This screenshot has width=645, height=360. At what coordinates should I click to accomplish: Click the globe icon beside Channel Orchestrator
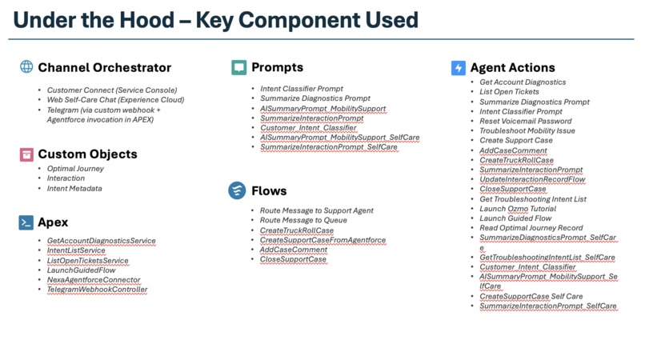click(x=26, y=67)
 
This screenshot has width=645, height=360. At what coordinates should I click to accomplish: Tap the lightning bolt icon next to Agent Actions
click(x=459, y=68)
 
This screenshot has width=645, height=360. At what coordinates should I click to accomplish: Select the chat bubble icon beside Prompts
click(x=238, y=67)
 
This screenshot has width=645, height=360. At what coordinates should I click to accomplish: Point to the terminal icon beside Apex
click(x=26, y=222)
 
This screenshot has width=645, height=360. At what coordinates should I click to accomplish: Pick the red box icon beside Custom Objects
click(x=26, y=154)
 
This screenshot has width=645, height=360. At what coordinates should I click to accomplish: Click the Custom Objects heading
click(x=87, y=154)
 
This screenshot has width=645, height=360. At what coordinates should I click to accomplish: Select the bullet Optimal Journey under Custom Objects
click(x=75, y=169)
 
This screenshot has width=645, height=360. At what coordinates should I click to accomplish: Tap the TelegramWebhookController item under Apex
click(x=97, y=290)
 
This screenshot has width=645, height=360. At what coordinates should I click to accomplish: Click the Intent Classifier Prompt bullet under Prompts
click(x=301, y=88)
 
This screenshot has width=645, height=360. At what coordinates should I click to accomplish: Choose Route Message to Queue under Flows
click(x=303, y=220)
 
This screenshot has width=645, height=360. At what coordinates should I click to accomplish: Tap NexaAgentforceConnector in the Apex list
click(x=93, y=280)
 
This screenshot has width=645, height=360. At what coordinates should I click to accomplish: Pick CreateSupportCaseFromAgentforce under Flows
click(x=322, y=240)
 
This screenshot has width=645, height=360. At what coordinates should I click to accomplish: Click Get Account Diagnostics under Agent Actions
click(x=523, y=82)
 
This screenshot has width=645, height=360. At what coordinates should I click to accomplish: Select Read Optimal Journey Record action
click(x=531, y=228)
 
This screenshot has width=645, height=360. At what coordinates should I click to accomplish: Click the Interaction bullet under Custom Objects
click(x=66, y=178)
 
